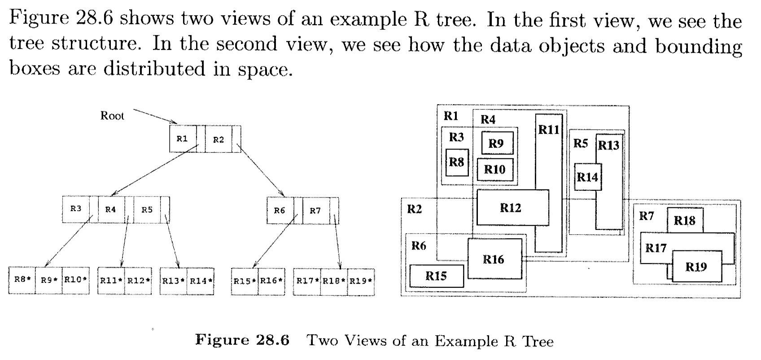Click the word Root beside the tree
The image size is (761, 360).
pos(112,116)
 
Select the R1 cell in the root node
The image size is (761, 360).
pos(182,139)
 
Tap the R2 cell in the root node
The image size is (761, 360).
pos(219,140)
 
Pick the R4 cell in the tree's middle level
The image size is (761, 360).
pos(110,209)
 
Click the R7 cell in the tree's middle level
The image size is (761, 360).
pos(315,211)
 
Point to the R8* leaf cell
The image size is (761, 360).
pos(22,280)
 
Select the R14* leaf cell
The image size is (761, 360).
pos(201,281)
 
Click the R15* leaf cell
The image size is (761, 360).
pos(245,281)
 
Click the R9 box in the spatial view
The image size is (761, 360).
pos(497,143)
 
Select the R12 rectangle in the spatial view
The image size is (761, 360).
pos(512,207)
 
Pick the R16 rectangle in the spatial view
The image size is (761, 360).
pos(494,259)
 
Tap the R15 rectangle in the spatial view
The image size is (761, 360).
pos(436,276)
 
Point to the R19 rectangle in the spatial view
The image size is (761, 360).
pos(696,267)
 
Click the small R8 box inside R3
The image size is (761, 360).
pos(457,162)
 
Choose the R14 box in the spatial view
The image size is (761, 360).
pos(587,177)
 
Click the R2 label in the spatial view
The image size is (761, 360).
pos(415,209)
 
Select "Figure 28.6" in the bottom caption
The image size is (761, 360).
pos(242,340)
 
